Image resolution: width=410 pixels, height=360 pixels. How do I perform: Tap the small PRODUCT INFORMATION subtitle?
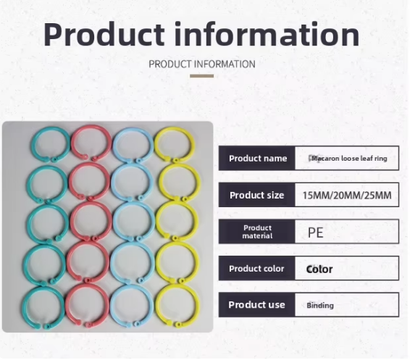202,64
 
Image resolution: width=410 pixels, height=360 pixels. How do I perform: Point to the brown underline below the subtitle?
202,75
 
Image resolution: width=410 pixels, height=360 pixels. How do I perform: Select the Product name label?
257,159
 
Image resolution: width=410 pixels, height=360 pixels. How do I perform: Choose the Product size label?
257,195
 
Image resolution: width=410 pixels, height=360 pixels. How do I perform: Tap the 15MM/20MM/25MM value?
346,196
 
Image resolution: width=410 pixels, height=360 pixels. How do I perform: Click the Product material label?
257,232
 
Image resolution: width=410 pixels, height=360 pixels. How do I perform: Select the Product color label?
257,269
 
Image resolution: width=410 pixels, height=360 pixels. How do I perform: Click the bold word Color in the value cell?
319,269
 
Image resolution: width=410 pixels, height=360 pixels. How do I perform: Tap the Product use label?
257,305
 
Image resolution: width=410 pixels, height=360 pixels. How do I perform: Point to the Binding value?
320,306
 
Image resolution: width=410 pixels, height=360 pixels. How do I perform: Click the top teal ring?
48,143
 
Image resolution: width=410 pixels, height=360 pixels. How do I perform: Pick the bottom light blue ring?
133,308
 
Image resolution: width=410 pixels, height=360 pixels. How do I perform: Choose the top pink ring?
90,143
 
